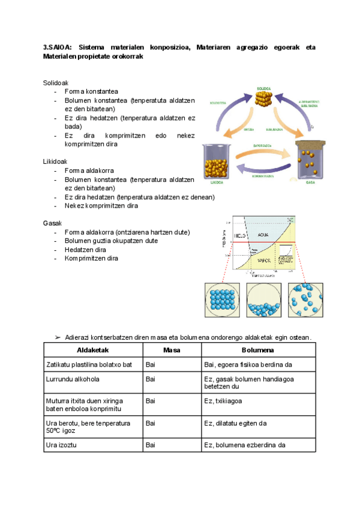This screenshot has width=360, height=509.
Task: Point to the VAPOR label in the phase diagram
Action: pyautogui.click(x=264, y=260)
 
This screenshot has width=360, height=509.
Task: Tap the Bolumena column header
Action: pyautogui.click(x=258, y=349)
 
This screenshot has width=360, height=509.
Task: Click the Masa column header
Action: pyautogui.click(x=171, y=349)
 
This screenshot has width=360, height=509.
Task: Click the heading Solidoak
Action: pyautogui.click(x=55, y=82)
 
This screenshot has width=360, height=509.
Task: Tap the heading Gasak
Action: pyautogui.click(x=52, y=223)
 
